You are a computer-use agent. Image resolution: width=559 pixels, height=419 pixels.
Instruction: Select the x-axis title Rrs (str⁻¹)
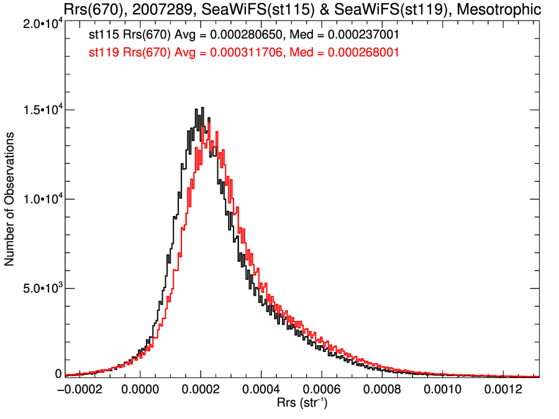(x=302, y=404)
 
